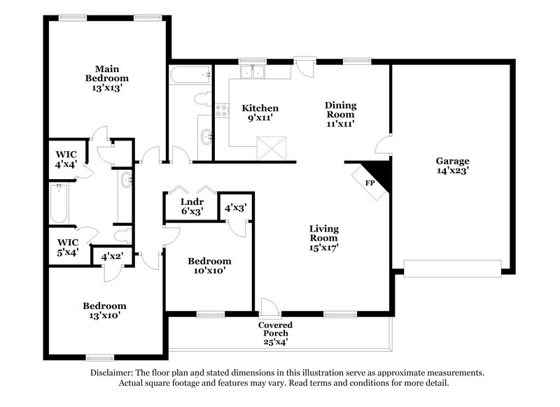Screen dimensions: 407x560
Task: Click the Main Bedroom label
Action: pyautogui.click(x=107, y=78)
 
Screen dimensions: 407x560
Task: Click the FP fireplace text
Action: pyautogui.click(x=370, y=183)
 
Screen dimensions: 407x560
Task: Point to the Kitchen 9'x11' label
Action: pyautogui.click(x=260, y=113)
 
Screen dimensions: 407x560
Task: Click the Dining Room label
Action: pyautogui.click(x=340, y=114)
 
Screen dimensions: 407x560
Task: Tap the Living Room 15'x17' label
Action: pyautogui.click(x=324, y=237)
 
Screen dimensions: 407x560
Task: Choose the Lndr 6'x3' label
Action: pyautogui.click(x=187, y=207)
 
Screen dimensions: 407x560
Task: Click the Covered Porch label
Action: pyautogui.click(x=275, y=334)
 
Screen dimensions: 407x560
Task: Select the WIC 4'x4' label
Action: pyautogui.click(x=67, y=158)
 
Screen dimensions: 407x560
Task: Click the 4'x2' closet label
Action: pyautogui.click(x=111, y=257)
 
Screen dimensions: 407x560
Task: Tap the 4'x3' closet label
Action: pyautogui.click(x=234, y=207)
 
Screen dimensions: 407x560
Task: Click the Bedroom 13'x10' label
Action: pyautogui.click(x=105, y=310)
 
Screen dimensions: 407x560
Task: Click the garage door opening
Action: pyautogui.click(x=452, y=267)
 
